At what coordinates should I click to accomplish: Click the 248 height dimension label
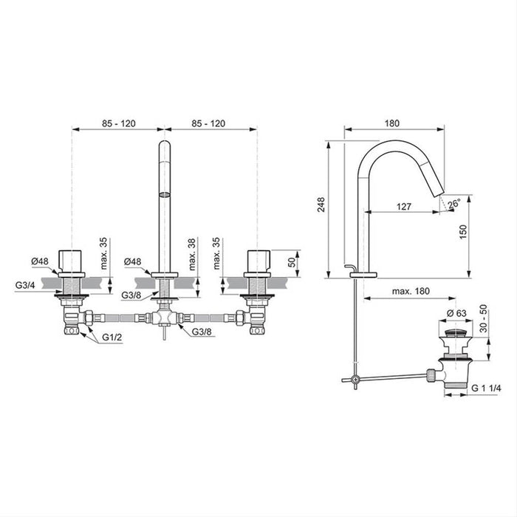321,205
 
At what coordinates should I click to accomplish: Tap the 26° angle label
454,203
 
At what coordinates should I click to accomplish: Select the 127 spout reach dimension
404,206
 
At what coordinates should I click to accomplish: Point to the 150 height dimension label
463,232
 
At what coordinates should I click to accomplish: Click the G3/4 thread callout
25,285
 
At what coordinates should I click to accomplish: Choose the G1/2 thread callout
112,337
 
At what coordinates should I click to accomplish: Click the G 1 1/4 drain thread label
486,388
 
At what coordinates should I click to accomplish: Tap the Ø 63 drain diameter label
457,313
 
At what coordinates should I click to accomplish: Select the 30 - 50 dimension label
483,318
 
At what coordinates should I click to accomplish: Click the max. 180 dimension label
411,291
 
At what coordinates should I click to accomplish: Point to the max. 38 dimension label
192,254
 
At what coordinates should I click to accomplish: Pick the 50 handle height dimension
292,262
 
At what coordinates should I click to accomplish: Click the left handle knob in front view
70,261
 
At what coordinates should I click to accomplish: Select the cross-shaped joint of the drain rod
355,379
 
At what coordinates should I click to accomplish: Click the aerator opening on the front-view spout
165,194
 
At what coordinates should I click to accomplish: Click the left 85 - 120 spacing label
119,123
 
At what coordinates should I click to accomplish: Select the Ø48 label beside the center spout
132,261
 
